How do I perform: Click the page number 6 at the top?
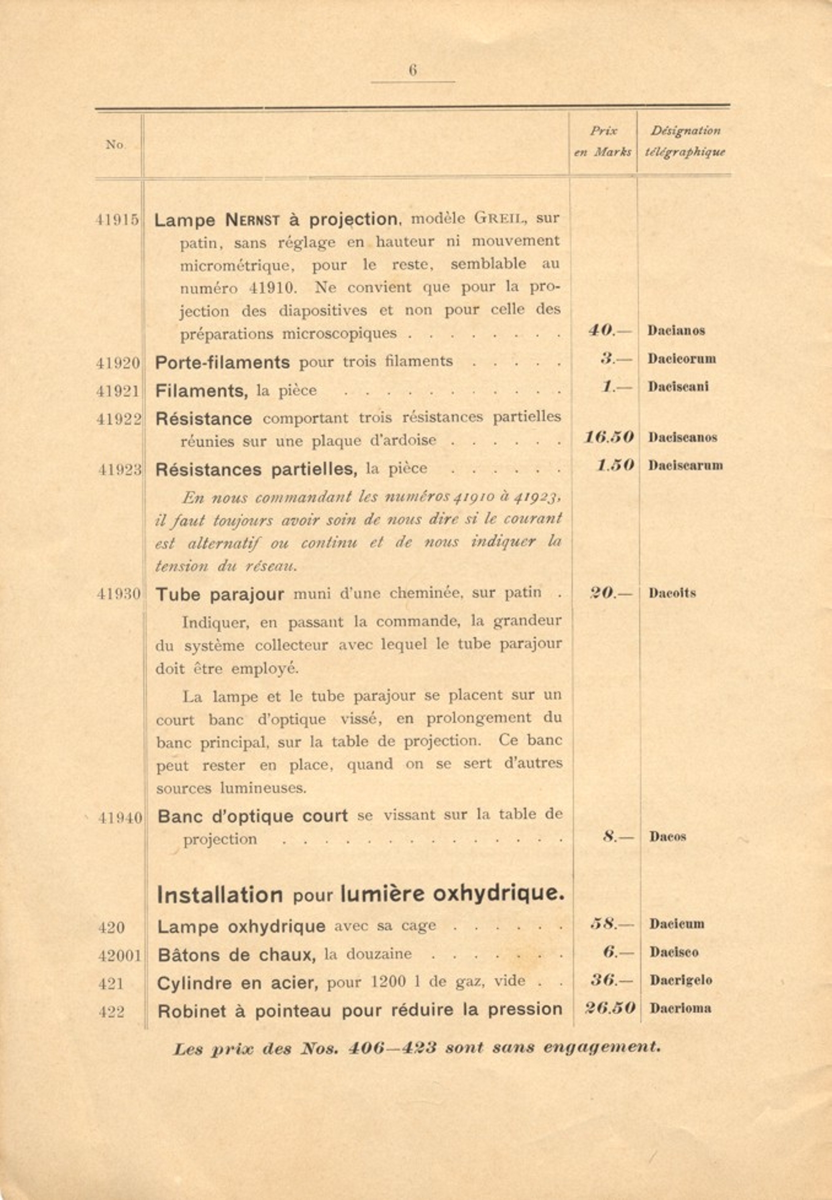tap(412, 71)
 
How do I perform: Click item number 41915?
tap(117, 220)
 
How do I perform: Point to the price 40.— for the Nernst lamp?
tap(608, 331)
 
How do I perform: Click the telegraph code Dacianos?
tap(676, 331)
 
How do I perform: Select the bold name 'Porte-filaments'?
tap(222, 362)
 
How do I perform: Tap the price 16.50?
tap(609, 437)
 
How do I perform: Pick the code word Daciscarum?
tap(685, 466)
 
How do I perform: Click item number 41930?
tap(119, 594)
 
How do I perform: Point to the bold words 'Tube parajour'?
tap(220, 594)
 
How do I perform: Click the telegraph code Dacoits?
tap(672, 593)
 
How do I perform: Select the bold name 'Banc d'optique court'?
tap(253, 817)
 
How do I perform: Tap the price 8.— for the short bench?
tap(617, 836)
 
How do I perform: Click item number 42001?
tap(120, 955)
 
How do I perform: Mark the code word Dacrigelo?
tap(681, 980)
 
